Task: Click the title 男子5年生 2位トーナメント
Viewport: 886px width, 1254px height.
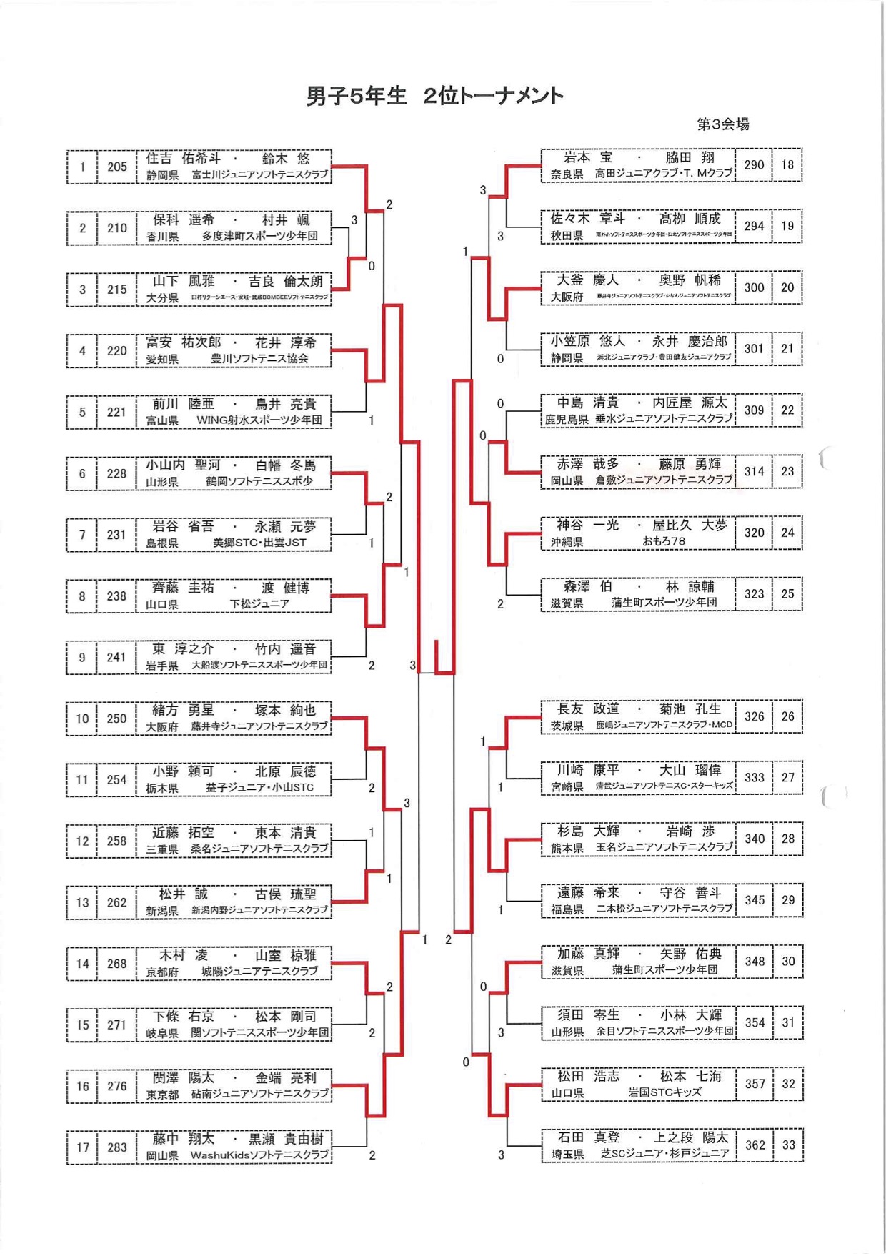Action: pyautogui.click(x=434, y=96)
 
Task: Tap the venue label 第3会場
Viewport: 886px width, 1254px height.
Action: pyautogui.click(x=723, y=124)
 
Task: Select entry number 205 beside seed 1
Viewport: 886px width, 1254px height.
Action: pyautogui.click(x=117, y=167)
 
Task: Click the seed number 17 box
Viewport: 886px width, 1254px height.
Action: pyautogui.click(x=82, y=1147)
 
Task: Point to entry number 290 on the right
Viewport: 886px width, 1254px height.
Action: pyautogui.click(x=754, y=165)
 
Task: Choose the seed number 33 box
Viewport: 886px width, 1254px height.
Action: pyautogui.click(x=788, y=1145)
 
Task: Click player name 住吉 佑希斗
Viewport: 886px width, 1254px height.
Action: pyautogui.click(x=184, y=159)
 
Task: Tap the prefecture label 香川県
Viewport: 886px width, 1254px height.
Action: pyautogui.click(x=162, y=236)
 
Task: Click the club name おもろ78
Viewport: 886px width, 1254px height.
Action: pyautogui.click(x=664, y=541)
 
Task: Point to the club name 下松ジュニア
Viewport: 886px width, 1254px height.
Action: pyautogui.click(x=259, y=604)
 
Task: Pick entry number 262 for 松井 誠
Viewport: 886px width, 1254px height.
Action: pyautogui.click(x=117, y=902)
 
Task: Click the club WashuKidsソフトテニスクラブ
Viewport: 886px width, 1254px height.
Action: pyautogui.click(x=259, y=1155)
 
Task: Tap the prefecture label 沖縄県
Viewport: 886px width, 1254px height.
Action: pyautogui.click(x=567, y=542)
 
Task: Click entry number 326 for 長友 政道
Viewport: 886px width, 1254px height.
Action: pyautogui.click(x=754, y=716)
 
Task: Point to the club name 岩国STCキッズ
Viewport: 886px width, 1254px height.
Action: pyautogui.click(x=664, y=1092)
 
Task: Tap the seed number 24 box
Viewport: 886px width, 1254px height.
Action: pyautogui.click(x=787, y=533)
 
